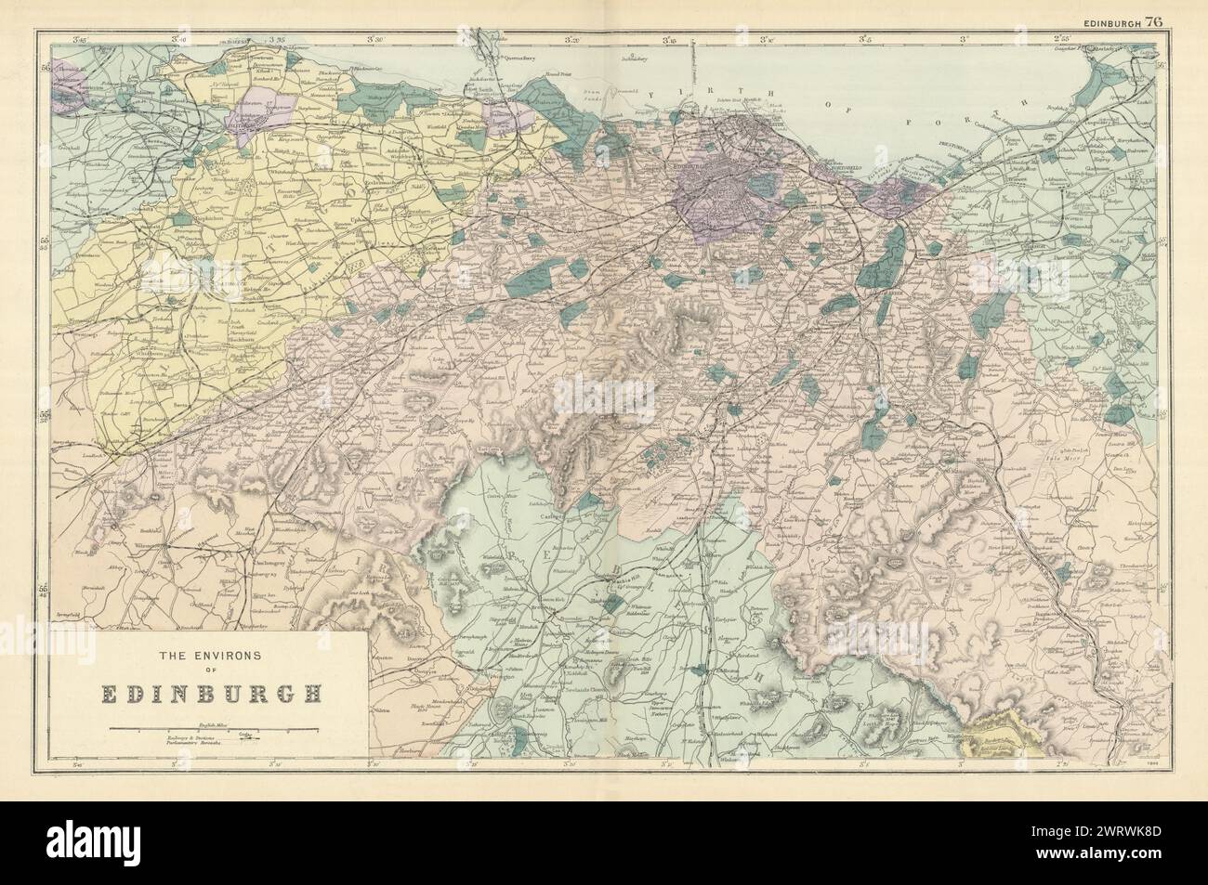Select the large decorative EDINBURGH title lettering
coord(201,692)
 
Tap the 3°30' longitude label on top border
coord(376,40)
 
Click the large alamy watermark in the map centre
coord(604,395)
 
